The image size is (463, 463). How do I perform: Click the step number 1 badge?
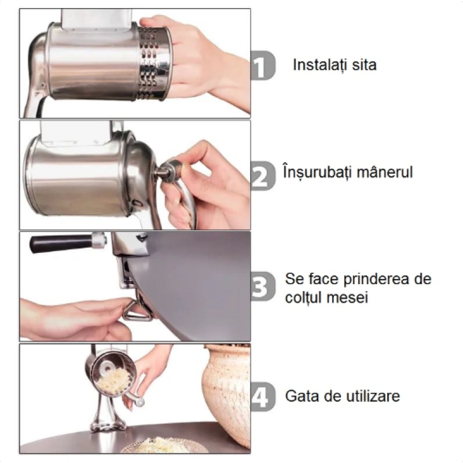[262, 65]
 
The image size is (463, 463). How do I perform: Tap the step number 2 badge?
[262, 175]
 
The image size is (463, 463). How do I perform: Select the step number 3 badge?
[262, 286]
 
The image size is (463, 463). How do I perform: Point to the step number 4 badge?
[262, 397]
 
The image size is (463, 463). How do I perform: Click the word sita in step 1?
[364, 65]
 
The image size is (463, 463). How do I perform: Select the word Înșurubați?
[319, 172]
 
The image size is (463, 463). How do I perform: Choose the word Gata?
[301, 397]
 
